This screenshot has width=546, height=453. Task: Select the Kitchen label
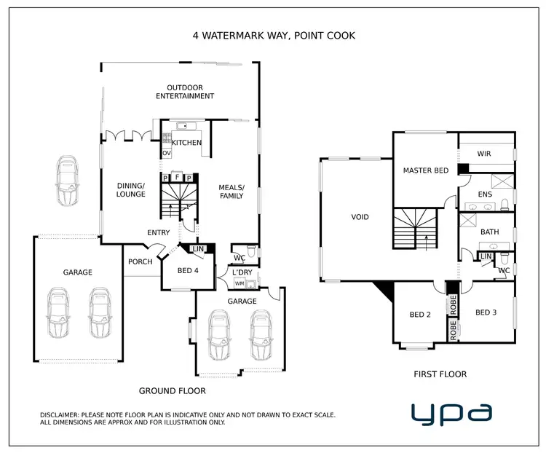pyautogui.click(x=186, y=143)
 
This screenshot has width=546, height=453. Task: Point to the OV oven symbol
pyautogui.click(x=166, y=154)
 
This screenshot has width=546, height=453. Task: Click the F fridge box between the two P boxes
pyautogui.click(x=176, y=177)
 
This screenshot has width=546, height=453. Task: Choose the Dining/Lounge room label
pyautogui.click(x=131, y=190)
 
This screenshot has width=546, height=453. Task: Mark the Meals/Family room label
pyautogui.click(x=232, y=192)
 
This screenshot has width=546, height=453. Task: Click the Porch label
pyautogui.click(x=141, y=262)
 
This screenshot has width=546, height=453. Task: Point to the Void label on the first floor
pyautogui.click(x=360, y=217)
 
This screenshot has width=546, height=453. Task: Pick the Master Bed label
pyautogui.click(x=425, y=170)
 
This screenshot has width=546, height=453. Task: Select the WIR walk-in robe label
pyautogui.click(x=484, y=154)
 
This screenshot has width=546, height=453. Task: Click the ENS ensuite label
pyautogui.click(x=485, y=195)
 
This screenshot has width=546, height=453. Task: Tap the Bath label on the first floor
pyautogui.click(x=489, y=232)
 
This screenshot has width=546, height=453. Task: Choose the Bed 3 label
pyautogui.click(x=486, y=312)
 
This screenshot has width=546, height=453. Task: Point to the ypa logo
pyautogui.click(x=451, y=412)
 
